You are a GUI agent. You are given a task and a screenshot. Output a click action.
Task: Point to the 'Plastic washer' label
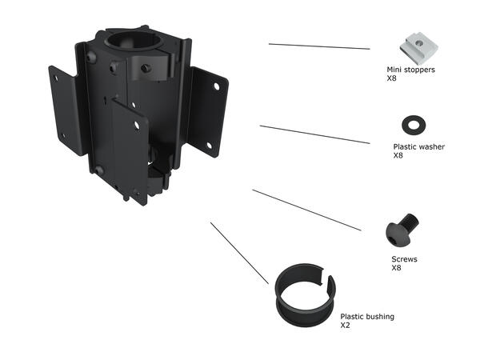pos(418,147)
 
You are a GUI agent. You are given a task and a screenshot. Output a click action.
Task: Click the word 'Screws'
pos(404,259)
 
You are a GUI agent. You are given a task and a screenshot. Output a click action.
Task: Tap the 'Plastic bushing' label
pos(367,317)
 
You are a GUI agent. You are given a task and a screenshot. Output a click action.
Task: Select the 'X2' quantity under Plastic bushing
pos(346,326)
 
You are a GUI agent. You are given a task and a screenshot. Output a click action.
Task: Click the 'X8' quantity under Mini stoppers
pos(392,78)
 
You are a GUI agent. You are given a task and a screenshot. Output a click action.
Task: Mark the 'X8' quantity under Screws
pos(396,268)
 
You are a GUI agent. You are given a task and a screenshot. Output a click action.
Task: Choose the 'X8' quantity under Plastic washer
pos(398,156)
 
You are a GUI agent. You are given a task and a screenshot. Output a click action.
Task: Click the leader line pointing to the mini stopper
pos(319,46)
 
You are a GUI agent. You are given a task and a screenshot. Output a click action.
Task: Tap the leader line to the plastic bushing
pos(239,253)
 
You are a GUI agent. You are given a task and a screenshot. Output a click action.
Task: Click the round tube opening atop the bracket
pos(141,40)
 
